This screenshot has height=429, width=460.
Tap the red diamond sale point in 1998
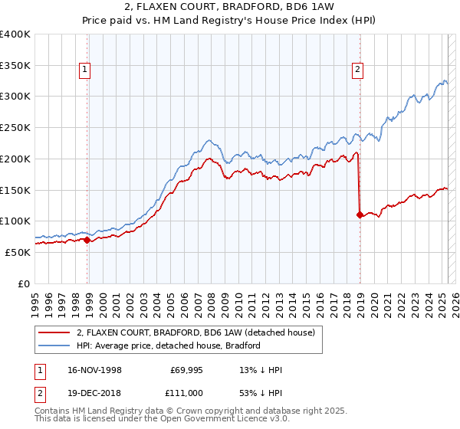[x=87, y=240]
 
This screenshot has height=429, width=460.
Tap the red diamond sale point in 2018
[x=360, y=215]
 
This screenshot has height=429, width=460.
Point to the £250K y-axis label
[x=15, y=127]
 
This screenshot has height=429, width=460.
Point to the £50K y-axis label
[x=18, y=252]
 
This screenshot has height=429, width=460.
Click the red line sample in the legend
[x=54, y=333]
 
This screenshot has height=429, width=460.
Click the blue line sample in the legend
[x=54, y=345]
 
